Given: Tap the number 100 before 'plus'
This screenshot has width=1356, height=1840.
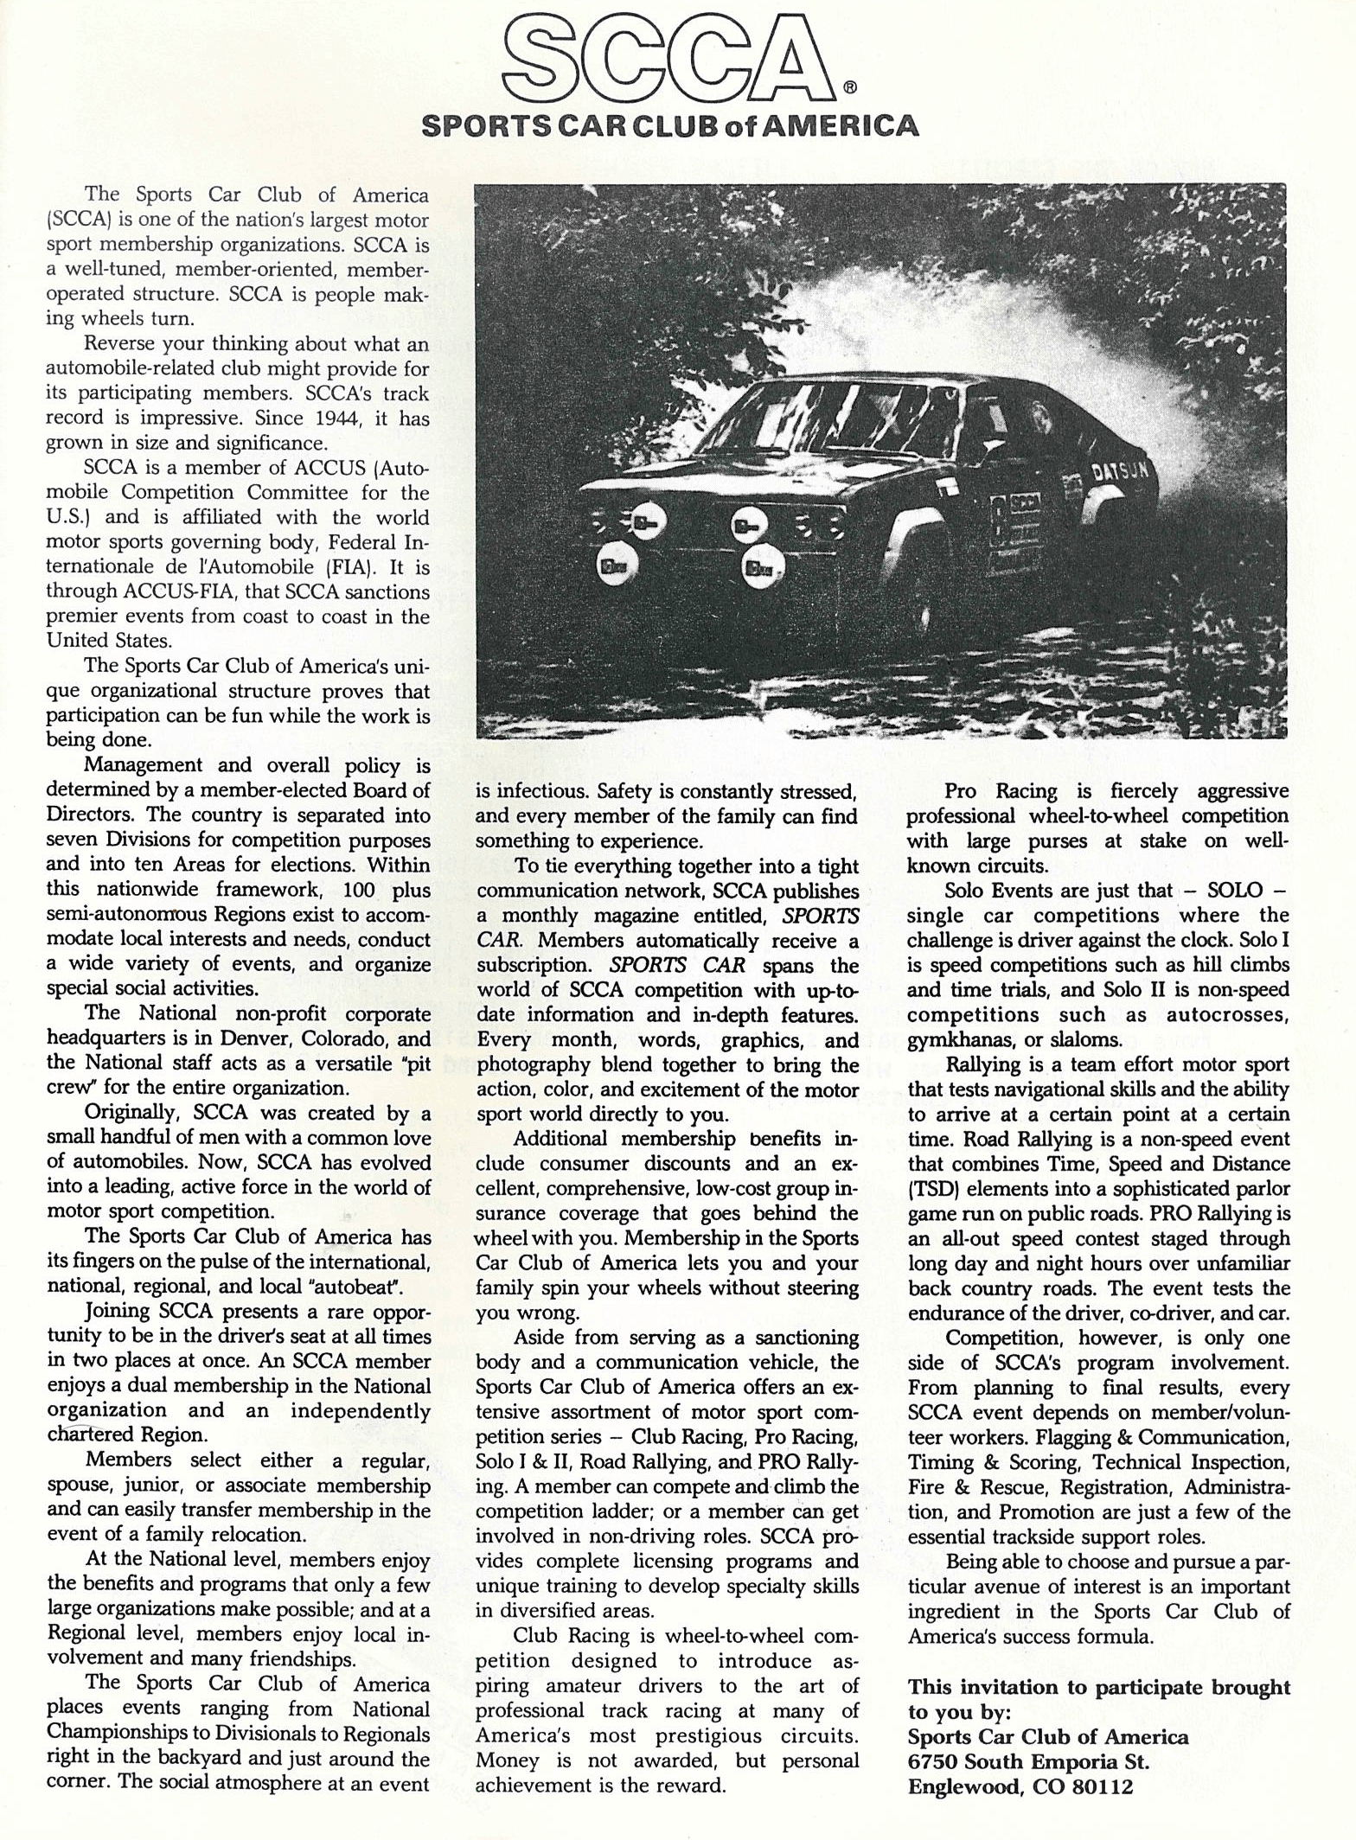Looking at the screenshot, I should point(358,890).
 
